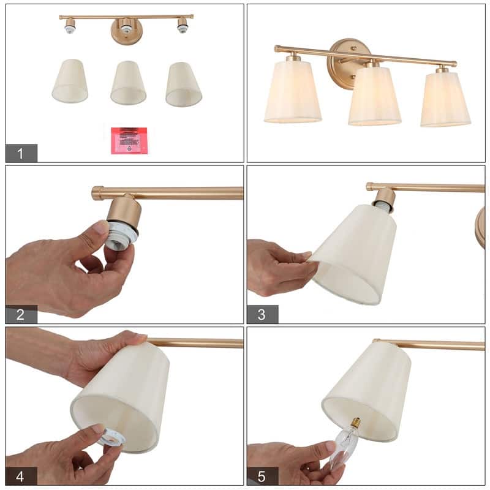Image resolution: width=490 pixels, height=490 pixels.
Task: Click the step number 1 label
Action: (21, 153)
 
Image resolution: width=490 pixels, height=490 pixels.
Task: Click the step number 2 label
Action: (21, 315)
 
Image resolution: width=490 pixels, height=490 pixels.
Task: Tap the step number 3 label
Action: (262, 315)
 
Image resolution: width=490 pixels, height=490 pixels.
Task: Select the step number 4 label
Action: (21, 476)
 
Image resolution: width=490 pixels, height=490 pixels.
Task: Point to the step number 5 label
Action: (262, 476)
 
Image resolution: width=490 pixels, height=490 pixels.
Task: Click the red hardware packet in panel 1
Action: (129, 140)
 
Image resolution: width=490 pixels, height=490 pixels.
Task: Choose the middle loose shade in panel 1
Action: (128, 82)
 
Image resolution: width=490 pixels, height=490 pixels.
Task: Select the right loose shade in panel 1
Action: (183, 83)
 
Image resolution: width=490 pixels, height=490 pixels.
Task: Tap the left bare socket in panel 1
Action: (70, 26)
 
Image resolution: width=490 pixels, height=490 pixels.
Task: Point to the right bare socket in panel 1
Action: (182, 26)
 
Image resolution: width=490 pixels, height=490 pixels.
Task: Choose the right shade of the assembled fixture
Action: (445, 99)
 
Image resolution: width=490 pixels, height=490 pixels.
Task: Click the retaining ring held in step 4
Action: (112, 436)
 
